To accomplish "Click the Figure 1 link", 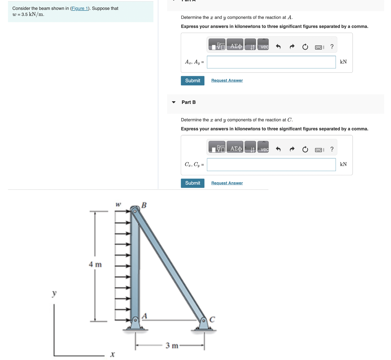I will click(x=80, y=8).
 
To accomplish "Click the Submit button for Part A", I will click(x=192, y=80).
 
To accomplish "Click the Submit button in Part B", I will click(x=192, y=183).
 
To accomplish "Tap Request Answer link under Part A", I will click(x=227, y=80).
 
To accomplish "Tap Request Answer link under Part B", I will click(x=227, y=183).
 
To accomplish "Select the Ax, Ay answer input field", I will click(x=271, y=62).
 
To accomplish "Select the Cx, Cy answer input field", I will click(x=271, y=165).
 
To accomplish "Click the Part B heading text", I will click(x=188, y=102).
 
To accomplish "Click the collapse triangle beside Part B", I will click(x=174, y=102).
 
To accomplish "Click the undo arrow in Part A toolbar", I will click(x=278, y=47).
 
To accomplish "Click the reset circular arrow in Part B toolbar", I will click(x=305, y=149).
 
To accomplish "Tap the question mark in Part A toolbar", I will click(x=332, y=47).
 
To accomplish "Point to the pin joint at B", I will click(x=135, y=211).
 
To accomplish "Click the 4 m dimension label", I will click(x=95, y=264).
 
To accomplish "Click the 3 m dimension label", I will click(x=172, y=346).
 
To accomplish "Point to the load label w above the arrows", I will click(x=118, y=204).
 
